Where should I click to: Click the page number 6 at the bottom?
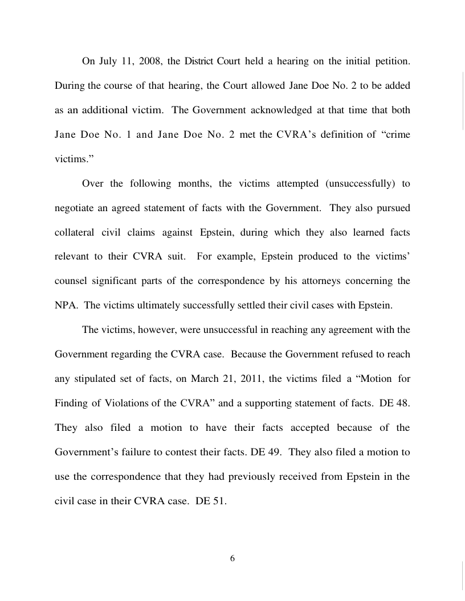tap(232, 558)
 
